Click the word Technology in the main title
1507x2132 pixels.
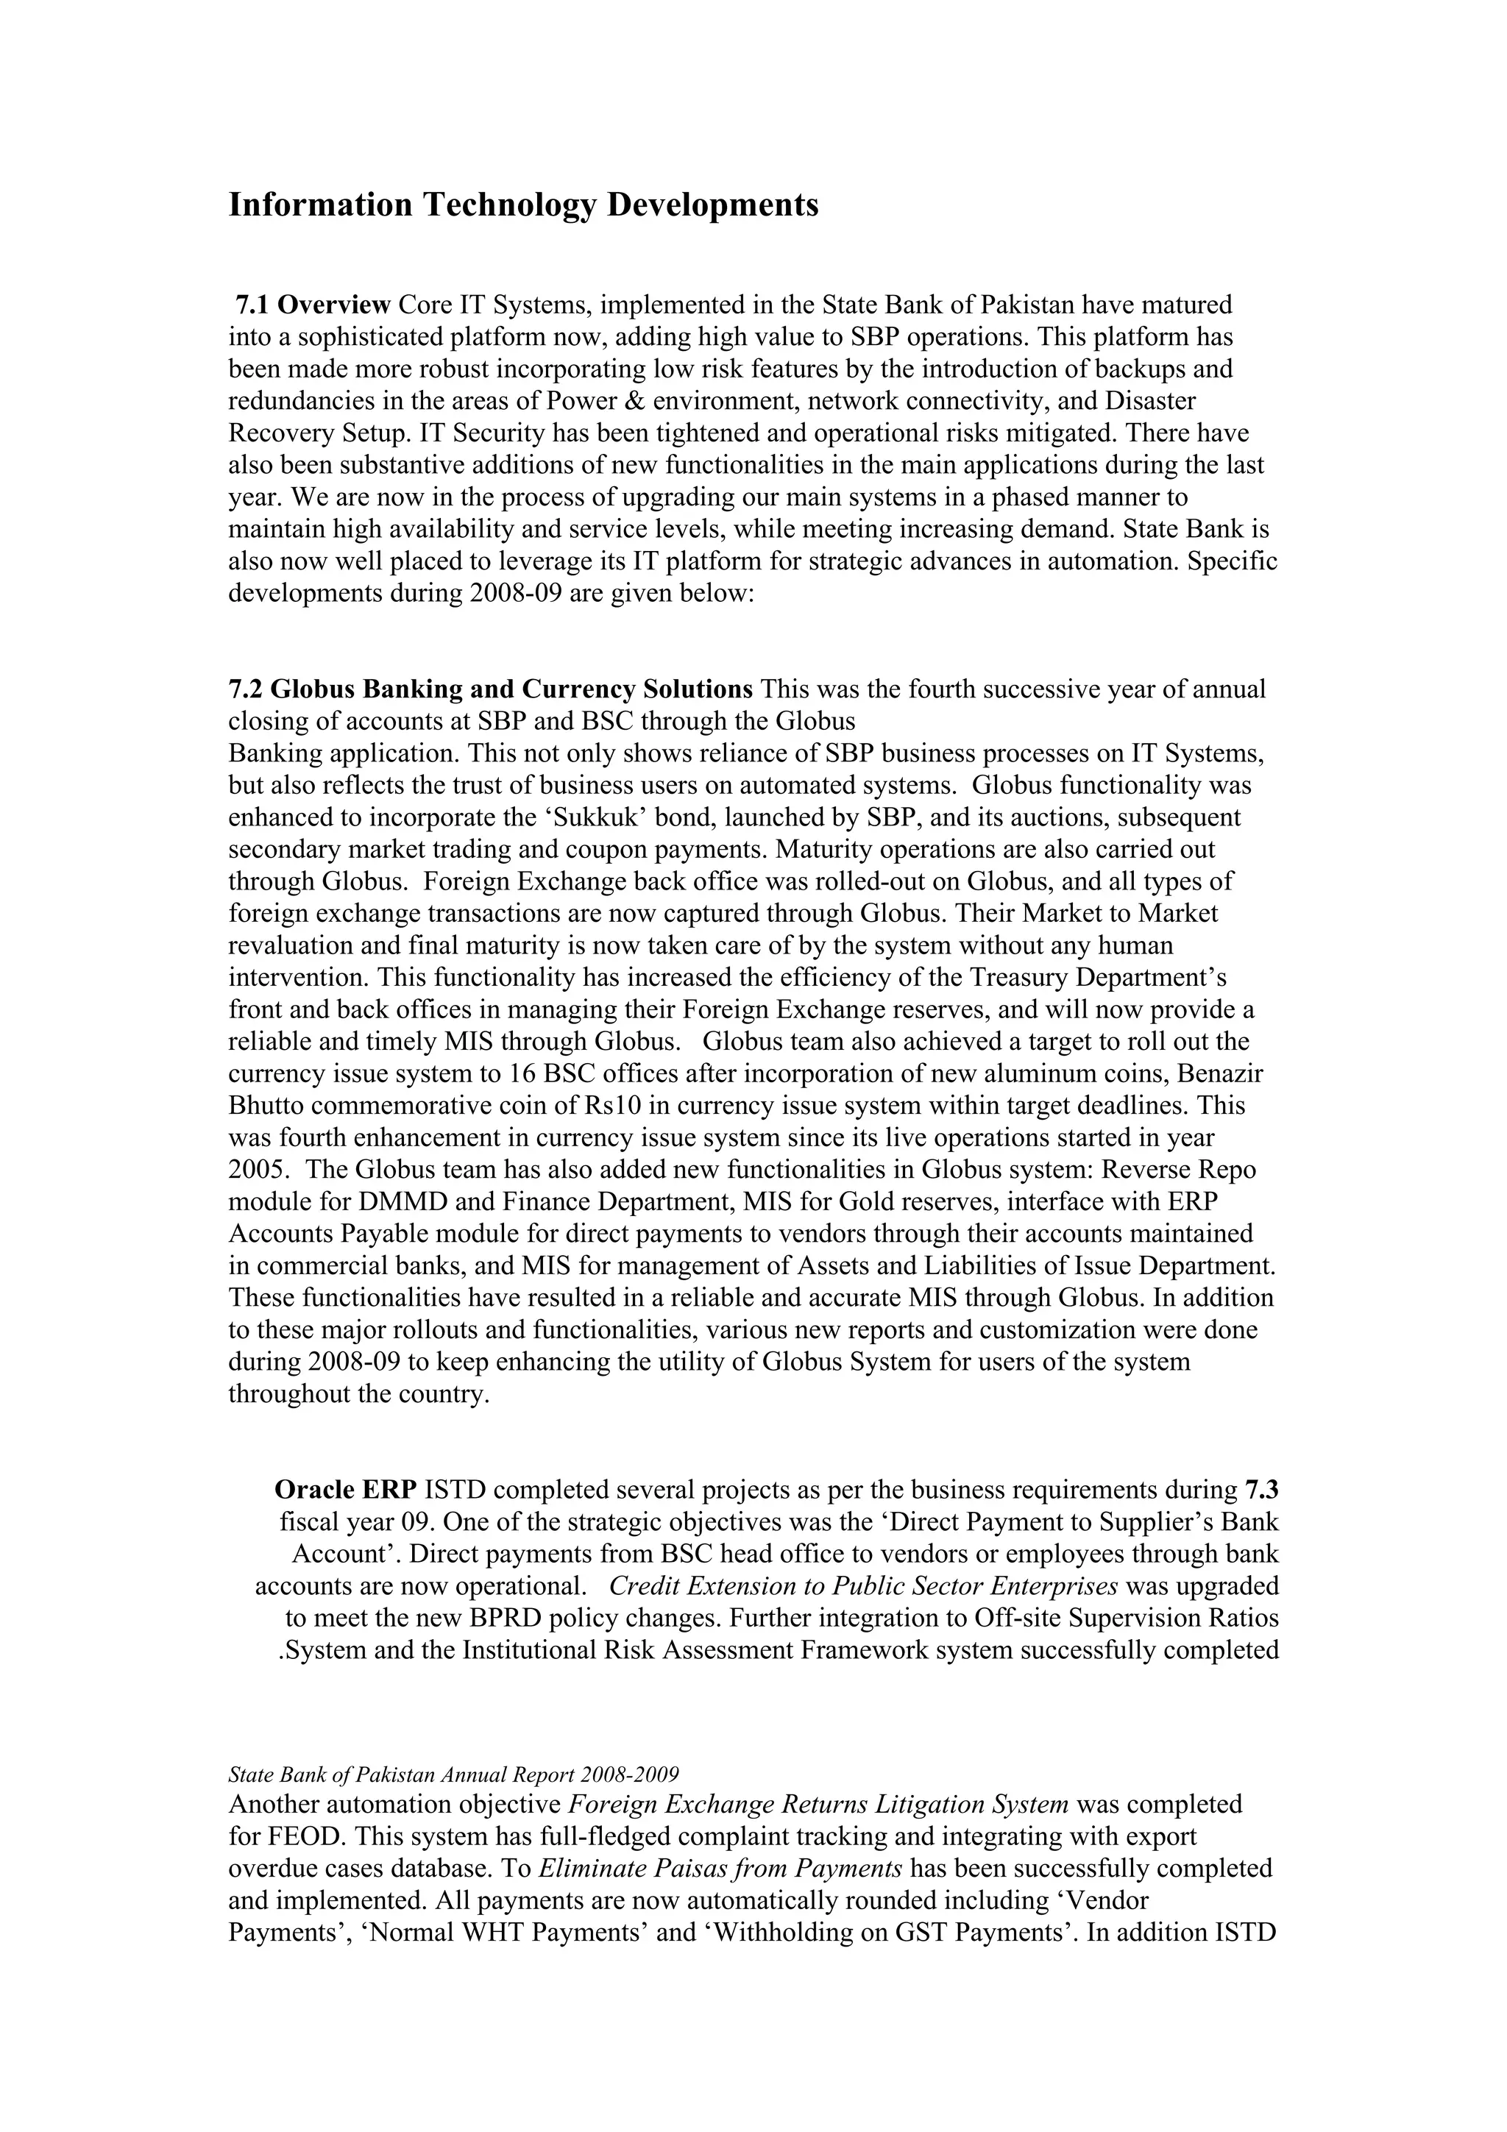click(x=510, y=205)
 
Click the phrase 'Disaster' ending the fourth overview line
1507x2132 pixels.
click(x=1149, y=401)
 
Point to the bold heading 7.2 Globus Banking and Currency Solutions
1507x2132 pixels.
click(x=490, y=690)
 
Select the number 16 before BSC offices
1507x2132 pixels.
click(x=521, y=1074)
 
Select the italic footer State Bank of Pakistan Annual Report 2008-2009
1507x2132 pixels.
click(x=453, y=1775)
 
